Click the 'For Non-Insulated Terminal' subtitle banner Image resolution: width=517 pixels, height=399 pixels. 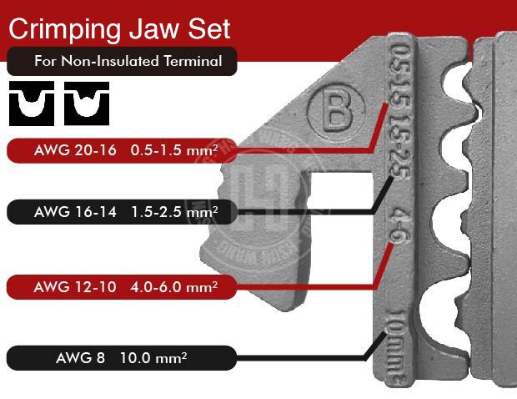(122, 61)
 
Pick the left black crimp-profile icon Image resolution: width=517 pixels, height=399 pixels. (31, 101)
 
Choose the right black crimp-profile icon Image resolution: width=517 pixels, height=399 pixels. (86, 101)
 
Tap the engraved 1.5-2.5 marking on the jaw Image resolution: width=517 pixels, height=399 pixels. (399, 145)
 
